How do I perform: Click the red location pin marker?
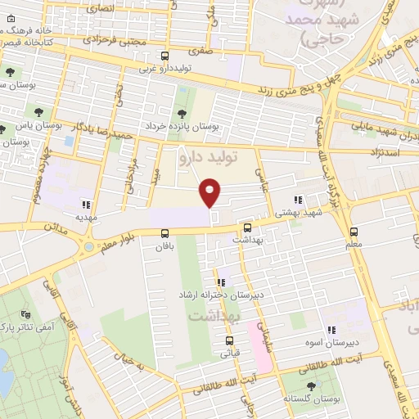point(211,192)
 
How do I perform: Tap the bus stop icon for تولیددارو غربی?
point(165,56)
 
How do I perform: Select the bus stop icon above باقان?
point(165,232)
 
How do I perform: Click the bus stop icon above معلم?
point(354,232)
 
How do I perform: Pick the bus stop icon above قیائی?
point(229,341)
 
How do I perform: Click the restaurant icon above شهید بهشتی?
point(298,199)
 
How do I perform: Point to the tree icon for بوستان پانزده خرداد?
point(181,114)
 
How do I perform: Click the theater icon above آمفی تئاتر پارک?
point(25,313)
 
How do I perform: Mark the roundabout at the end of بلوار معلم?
point(88,246)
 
